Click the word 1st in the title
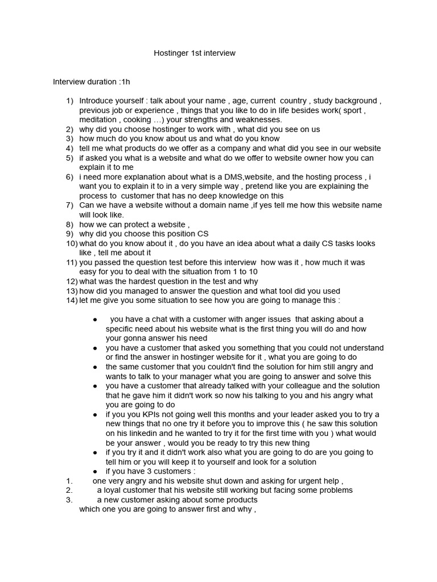[x=200, y=53]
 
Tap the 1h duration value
[x=125, y=82]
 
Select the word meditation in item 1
[x=97, y=120]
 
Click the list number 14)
[x=72, y=300]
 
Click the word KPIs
[x=143, y=414]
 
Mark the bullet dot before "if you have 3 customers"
[x=95, y=471]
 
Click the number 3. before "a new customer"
[x=69, y=500]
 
